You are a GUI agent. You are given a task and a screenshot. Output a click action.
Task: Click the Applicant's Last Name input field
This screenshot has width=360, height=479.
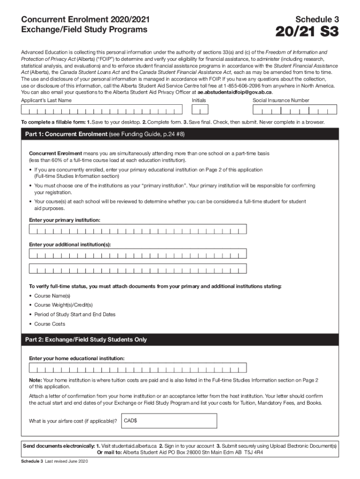[x=101, y=109]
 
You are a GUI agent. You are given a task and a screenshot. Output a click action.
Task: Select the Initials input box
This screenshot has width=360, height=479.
[x=200, y=109]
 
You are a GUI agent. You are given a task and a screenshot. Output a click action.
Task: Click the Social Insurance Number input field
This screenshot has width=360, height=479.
[x=294, y=109]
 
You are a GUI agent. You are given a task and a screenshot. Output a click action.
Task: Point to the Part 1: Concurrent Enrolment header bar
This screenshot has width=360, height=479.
[x=180, y=135]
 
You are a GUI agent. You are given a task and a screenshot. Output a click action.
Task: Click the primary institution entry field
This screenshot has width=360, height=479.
[x=138, y=229]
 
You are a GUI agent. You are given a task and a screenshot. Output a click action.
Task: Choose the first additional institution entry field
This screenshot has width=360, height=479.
[x=138, y=254]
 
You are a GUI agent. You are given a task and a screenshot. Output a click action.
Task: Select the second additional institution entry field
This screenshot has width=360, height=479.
[x=138, y=269]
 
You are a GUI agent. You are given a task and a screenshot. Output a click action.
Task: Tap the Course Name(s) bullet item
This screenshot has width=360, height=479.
[x=52, y=296]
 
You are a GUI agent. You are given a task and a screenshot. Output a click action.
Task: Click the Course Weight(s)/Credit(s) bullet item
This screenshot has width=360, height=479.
[x=63, y=305]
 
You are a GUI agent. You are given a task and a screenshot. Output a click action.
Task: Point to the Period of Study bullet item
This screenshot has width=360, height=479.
[x=74, y=314]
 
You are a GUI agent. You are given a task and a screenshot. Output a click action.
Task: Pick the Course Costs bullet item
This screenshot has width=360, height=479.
[x=50, y=324]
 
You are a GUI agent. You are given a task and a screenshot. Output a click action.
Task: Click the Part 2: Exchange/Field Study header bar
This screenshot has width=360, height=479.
[x=180, y=340]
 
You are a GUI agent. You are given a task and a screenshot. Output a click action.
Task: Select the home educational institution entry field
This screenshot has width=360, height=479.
[x=138, y=368]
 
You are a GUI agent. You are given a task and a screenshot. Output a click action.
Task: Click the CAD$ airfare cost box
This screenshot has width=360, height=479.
[x=169, y=421]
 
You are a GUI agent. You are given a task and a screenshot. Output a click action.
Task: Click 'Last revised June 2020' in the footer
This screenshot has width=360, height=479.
[x=63, y=462]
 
